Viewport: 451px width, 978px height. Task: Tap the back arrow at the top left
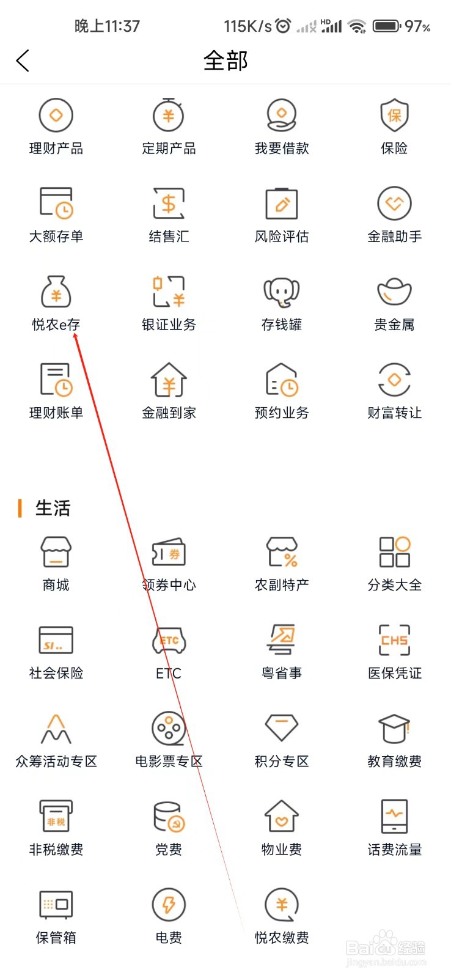coord(23,61)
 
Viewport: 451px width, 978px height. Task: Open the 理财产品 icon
coord(56,116)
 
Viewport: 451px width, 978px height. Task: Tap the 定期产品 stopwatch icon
coord(169,115)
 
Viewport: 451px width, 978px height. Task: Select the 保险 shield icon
coord(394,115)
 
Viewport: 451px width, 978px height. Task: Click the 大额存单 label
coord(56,237)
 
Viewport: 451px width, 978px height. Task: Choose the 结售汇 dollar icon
coord(169,204)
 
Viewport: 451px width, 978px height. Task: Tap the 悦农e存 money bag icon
coord(56,292)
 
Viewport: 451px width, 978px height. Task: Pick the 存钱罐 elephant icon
coord(281,292)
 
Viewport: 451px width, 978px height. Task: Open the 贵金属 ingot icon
coord(394,292)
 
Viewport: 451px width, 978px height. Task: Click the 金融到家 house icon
coord(169,380)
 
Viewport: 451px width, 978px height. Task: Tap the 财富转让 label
coord(394,413)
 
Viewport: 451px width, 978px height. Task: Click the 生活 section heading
coord(53,508)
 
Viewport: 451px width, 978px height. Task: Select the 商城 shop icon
coord(56,552)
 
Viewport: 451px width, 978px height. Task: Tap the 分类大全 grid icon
coord(394,552)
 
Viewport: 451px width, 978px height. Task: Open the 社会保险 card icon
coord(56,641)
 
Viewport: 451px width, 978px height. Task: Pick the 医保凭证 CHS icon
coord(394,641)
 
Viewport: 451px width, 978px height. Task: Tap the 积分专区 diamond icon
coord(281,728)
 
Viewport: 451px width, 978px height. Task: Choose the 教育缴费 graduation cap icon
coord(394,728)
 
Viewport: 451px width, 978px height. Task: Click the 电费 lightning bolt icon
coord(169,904)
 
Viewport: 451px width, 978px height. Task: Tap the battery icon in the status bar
coord(386,26)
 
